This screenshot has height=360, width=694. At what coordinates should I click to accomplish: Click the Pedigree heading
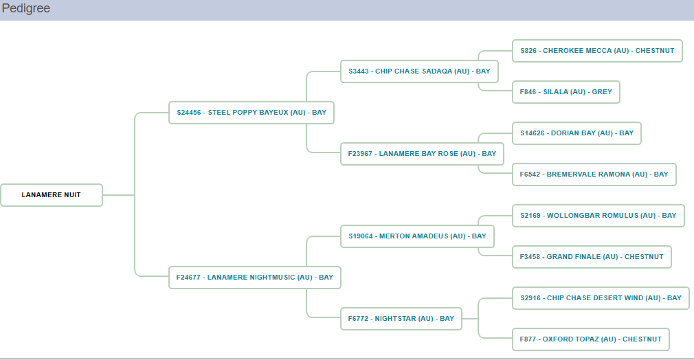[x=26, y=9]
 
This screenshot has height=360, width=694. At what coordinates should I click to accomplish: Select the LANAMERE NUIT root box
[x=52, y=195]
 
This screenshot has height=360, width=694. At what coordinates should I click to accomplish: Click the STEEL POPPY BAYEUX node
[x=251, y=113]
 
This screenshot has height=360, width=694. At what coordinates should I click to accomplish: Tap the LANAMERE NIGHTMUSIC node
[x=254, y=278]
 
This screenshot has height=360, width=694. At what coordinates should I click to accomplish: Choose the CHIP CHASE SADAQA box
[x=419, y=71]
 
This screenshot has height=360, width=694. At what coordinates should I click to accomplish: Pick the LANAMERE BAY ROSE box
[x=422, y=154]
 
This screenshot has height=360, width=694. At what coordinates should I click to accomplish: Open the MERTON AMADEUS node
[x=417, y=236]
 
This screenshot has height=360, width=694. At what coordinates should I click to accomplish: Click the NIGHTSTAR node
[x=401, y=319]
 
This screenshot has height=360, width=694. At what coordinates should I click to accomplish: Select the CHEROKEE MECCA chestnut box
[x=597, y=51]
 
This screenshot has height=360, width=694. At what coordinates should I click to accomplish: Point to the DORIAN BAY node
[x=577, y=133]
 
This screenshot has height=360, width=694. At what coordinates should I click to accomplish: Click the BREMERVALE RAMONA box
[x=594, y=175]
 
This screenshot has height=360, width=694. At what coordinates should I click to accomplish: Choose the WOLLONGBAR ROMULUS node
[x=598, y=216]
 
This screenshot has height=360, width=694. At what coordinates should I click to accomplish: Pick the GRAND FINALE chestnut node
[x=592, y=257]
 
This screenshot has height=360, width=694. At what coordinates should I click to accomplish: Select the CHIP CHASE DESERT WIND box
[x=601, y=298]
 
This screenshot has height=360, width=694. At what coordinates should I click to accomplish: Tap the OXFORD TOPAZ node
[x=591, y=339]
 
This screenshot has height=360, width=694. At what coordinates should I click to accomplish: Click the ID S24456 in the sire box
[x=189, y=113]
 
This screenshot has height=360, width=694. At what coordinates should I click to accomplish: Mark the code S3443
[x=359, y=71]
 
